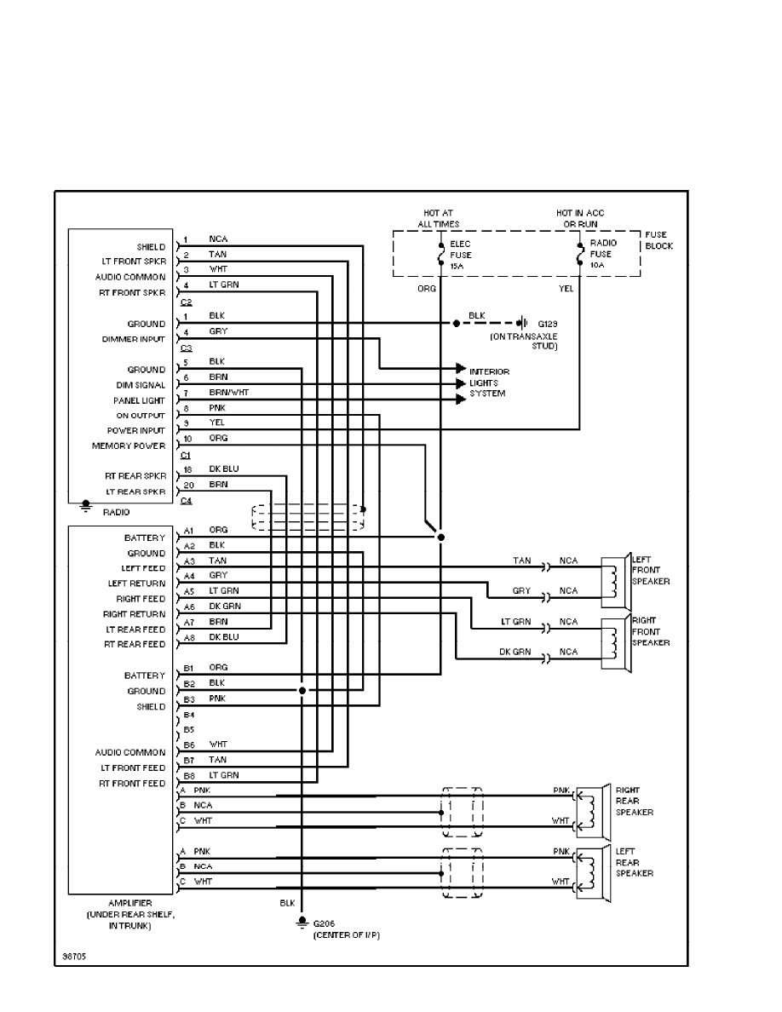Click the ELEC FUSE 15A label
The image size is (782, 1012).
pyautogui.click(x=460, y=254)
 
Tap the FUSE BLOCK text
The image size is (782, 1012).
pyautogui.click(x=658, y=240)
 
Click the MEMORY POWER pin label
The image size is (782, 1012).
pyautogui.click(x=129, y=446)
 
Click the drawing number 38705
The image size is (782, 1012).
pyautogui.click(x=73, y=956)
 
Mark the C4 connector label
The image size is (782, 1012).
pyautogui.click(x=186, y=500)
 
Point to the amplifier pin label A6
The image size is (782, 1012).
pyautogui.click(x=189, y=606)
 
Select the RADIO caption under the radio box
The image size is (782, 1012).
pyautogui.click(x=115, y=512)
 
